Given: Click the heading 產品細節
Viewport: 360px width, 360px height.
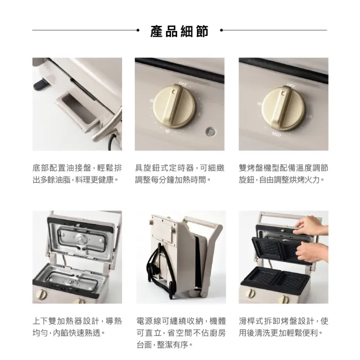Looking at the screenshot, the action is pyautogui.click(x=179, y=31).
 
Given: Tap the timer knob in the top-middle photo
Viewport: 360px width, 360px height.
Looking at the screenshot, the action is pyautogui.click(x=175, y=106).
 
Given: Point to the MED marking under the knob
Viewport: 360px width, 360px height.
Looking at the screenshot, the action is pyautogui.click(x=276, y=134).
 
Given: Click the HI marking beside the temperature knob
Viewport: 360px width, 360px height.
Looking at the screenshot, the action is pyautogui.click(x=259, y=103).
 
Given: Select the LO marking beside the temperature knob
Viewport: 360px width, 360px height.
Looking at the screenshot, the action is pyautogui.click(x=309, y=116).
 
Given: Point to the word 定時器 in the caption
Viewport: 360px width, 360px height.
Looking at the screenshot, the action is pyautogui.click(x=181, y=168).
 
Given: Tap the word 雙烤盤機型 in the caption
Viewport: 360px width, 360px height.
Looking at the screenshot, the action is pyautogui.click(x=259, y=168).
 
